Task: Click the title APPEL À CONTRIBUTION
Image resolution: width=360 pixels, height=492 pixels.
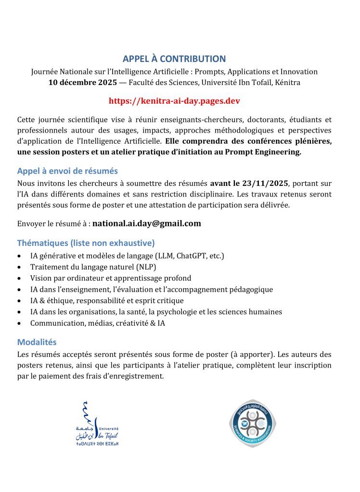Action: coord(174,59)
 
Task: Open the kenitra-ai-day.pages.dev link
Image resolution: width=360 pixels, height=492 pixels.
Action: coord(174,101)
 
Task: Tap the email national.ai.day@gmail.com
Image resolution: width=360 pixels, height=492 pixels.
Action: coord(146,223)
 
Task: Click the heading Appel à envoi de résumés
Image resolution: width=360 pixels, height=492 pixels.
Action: coord(67,171)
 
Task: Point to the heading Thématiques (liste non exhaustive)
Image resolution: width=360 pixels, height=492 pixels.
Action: coord(86,243)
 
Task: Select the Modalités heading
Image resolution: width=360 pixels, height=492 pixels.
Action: coord(37,342)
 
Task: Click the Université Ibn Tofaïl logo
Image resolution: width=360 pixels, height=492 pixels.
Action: coord(96,423)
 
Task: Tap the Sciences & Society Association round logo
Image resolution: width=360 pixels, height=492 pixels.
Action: coord(250,423)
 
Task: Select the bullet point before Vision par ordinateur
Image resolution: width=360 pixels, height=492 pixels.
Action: coord(19,279)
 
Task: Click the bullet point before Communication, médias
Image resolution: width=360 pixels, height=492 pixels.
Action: coord(19,324)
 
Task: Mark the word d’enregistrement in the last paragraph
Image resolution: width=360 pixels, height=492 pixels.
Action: coord(135,376)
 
